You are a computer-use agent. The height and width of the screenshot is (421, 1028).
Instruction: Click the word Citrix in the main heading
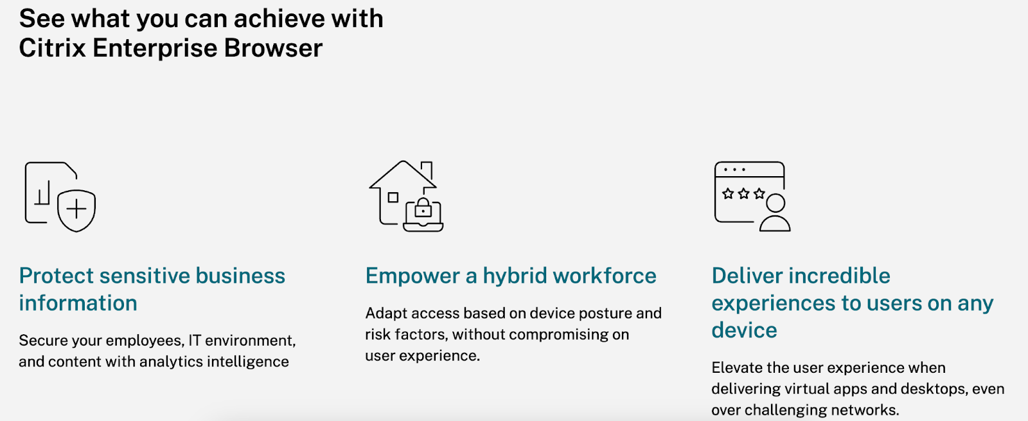pos(53,48)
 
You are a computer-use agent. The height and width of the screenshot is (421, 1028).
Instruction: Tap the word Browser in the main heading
pos(273,48)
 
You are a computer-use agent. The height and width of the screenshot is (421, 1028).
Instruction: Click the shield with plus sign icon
pos(76,210)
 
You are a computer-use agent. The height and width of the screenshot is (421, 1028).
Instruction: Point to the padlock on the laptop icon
pos(423,208)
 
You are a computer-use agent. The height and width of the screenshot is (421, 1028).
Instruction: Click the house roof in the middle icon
pos(403,174)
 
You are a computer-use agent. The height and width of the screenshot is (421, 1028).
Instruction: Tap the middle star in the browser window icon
pos(744,193)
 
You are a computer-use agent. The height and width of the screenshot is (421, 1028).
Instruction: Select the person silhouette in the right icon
pos(775,213)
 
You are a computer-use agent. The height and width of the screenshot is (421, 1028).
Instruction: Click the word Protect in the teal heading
pos(56,276)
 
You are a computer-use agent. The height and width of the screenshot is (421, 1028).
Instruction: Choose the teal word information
pos(78,303)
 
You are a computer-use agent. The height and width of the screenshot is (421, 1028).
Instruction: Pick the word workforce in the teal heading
pos(605,276)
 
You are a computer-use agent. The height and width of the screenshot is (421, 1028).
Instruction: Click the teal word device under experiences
pos(745,330)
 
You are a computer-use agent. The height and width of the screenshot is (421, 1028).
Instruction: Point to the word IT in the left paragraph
pos(195,340)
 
